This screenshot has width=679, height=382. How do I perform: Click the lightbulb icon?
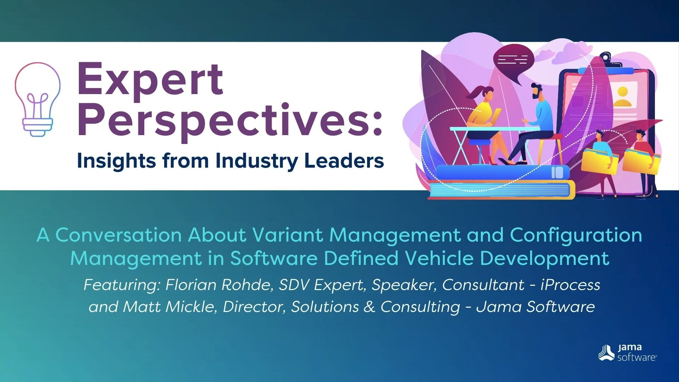coord(37,99)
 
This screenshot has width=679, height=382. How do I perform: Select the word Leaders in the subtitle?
coord(344,161)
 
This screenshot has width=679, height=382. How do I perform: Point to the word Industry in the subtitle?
coord(257,161)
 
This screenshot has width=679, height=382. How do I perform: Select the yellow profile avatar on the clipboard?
coord(622,97)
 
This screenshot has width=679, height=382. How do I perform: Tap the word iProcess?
coord(570,285)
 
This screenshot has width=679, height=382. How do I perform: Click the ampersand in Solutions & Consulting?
coord(369,307)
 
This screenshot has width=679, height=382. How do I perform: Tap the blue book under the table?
coord(502,173)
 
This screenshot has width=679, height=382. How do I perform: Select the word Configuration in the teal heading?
coord(576,236)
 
